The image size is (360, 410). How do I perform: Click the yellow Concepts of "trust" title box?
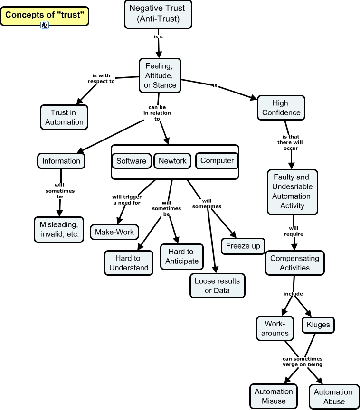click(45, 16)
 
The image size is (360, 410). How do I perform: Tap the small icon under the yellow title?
click(45, 25)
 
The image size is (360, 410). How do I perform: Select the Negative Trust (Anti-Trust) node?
click(158, 14)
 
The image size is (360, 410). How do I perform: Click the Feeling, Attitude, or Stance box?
click(160, 75)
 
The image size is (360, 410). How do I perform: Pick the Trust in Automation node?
click(64, 117)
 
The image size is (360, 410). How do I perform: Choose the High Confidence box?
click(281, 108)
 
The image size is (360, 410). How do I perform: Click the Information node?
click(61, 161)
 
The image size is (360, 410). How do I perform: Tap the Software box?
click(132, 161)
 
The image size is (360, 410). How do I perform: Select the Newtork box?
click(172, 161)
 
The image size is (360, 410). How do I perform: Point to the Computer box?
click(217, 161)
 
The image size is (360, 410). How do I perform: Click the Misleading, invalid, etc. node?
click(59, 229)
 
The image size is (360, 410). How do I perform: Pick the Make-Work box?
click(114, 232)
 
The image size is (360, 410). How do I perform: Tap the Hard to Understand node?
click(129, 263)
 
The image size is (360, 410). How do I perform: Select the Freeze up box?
click(243, 246)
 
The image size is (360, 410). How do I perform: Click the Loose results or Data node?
click(218, 286)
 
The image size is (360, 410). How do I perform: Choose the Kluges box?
click(318, 325)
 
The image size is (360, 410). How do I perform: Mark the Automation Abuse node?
click(334, 396)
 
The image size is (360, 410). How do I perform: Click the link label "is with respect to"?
click(101, 78)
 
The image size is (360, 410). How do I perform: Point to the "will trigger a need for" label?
click(127, 200)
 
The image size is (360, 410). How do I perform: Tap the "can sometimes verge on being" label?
click(303, 362)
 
